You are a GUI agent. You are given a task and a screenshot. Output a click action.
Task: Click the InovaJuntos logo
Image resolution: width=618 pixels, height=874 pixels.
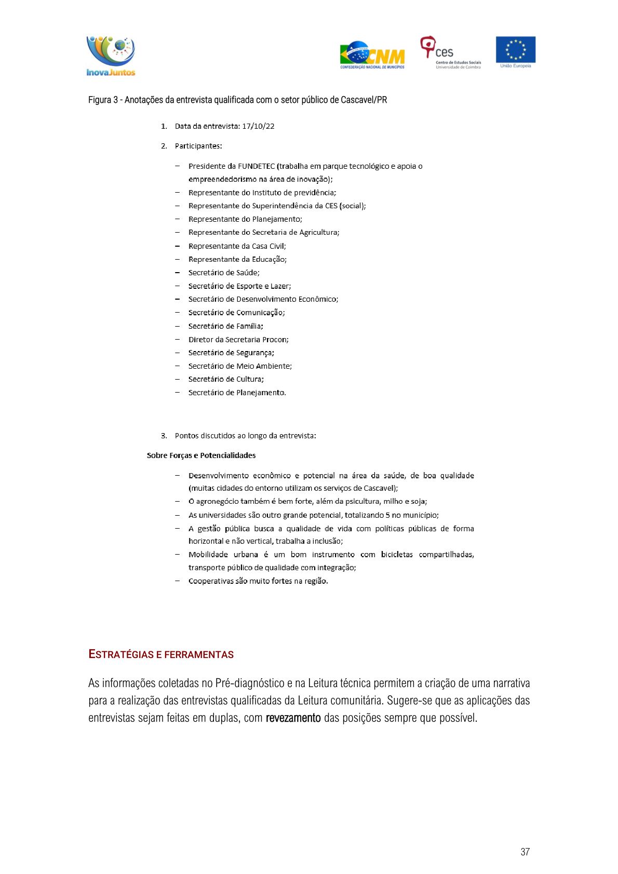pos(111,56)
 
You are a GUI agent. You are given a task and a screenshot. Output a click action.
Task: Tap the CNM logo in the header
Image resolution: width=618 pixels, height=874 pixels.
pos(372,56)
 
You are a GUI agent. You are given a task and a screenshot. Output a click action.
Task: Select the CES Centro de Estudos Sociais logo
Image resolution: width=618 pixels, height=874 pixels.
pos(450,52)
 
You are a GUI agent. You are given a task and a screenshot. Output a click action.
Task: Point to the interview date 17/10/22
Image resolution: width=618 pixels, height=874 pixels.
pos(258,126)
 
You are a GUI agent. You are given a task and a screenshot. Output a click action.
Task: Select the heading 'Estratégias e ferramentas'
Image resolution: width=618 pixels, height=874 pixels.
pos(161,654)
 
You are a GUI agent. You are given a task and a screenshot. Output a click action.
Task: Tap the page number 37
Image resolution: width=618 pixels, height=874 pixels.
pos(525,852)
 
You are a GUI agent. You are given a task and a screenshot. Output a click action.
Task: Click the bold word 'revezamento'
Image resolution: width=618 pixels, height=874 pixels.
pos(293,718)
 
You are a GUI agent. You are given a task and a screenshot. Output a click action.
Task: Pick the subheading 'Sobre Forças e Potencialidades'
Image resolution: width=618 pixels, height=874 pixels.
pos(201,455)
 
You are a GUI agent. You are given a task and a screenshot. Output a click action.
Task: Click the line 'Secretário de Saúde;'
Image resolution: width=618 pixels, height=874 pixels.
pos(224,273)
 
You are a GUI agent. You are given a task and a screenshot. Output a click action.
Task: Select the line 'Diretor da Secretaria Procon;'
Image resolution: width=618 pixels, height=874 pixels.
pos(238,340)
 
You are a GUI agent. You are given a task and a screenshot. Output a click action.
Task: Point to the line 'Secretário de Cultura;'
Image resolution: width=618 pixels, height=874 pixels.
pos(226,379)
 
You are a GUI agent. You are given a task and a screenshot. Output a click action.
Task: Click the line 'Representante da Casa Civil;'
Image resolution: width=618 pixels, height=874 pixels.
pos(237,246)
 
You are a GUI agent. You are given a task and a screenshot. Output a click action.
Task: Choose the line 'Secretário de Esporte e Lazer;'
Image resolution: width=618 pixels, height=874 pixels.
pos(239,286)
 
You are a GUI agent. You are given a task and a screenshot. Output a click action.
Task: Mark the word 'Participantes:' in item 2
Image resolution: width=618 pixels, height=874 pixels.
pos(198,146)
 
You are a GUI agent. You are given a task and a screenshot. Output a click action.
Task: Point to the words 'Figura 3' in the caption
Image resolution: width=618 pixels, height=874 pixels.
pos(103,100)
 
